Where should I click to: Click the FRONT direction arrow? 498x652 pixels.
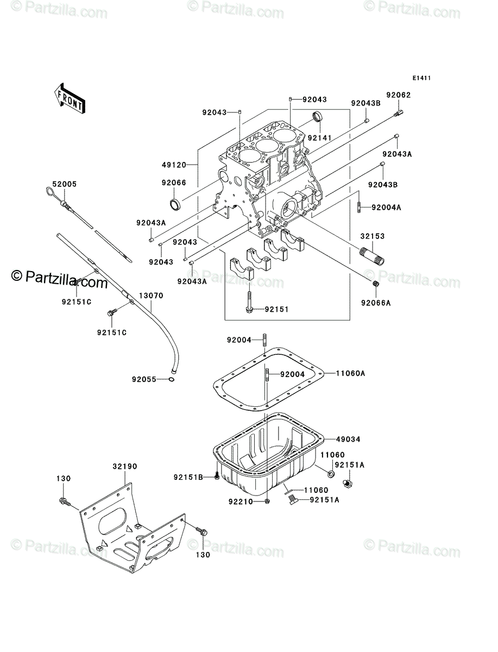70,99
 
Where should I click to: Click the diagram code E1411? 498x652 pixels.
421,78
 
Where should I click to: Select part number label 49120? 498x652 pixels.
174,165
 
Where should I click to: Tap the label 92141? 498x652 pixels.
320,138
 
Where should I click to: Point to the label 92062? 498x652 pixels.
399,95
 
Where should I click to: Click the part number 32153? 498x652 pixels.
373,236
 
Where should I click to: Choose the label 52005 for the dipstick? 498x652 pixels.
65,184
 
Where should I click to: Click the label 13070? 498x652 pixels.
152,296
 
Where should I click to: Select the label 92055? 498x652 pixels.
144,380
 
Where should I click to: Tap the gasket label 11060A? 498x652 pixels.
350,373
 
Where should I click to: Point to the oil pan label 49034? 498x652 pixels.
348,440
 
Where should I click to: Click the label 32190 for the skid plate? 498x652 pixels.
125,467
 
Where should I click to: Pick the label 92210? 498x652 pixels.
241,501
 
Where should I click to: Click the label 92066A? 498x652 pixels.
376,303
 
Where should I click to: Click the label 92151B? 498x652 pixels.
188,478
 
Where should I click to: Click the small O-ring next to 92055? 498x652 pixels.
171,379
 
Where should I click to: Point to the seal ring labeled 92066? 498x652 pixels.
175,204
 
